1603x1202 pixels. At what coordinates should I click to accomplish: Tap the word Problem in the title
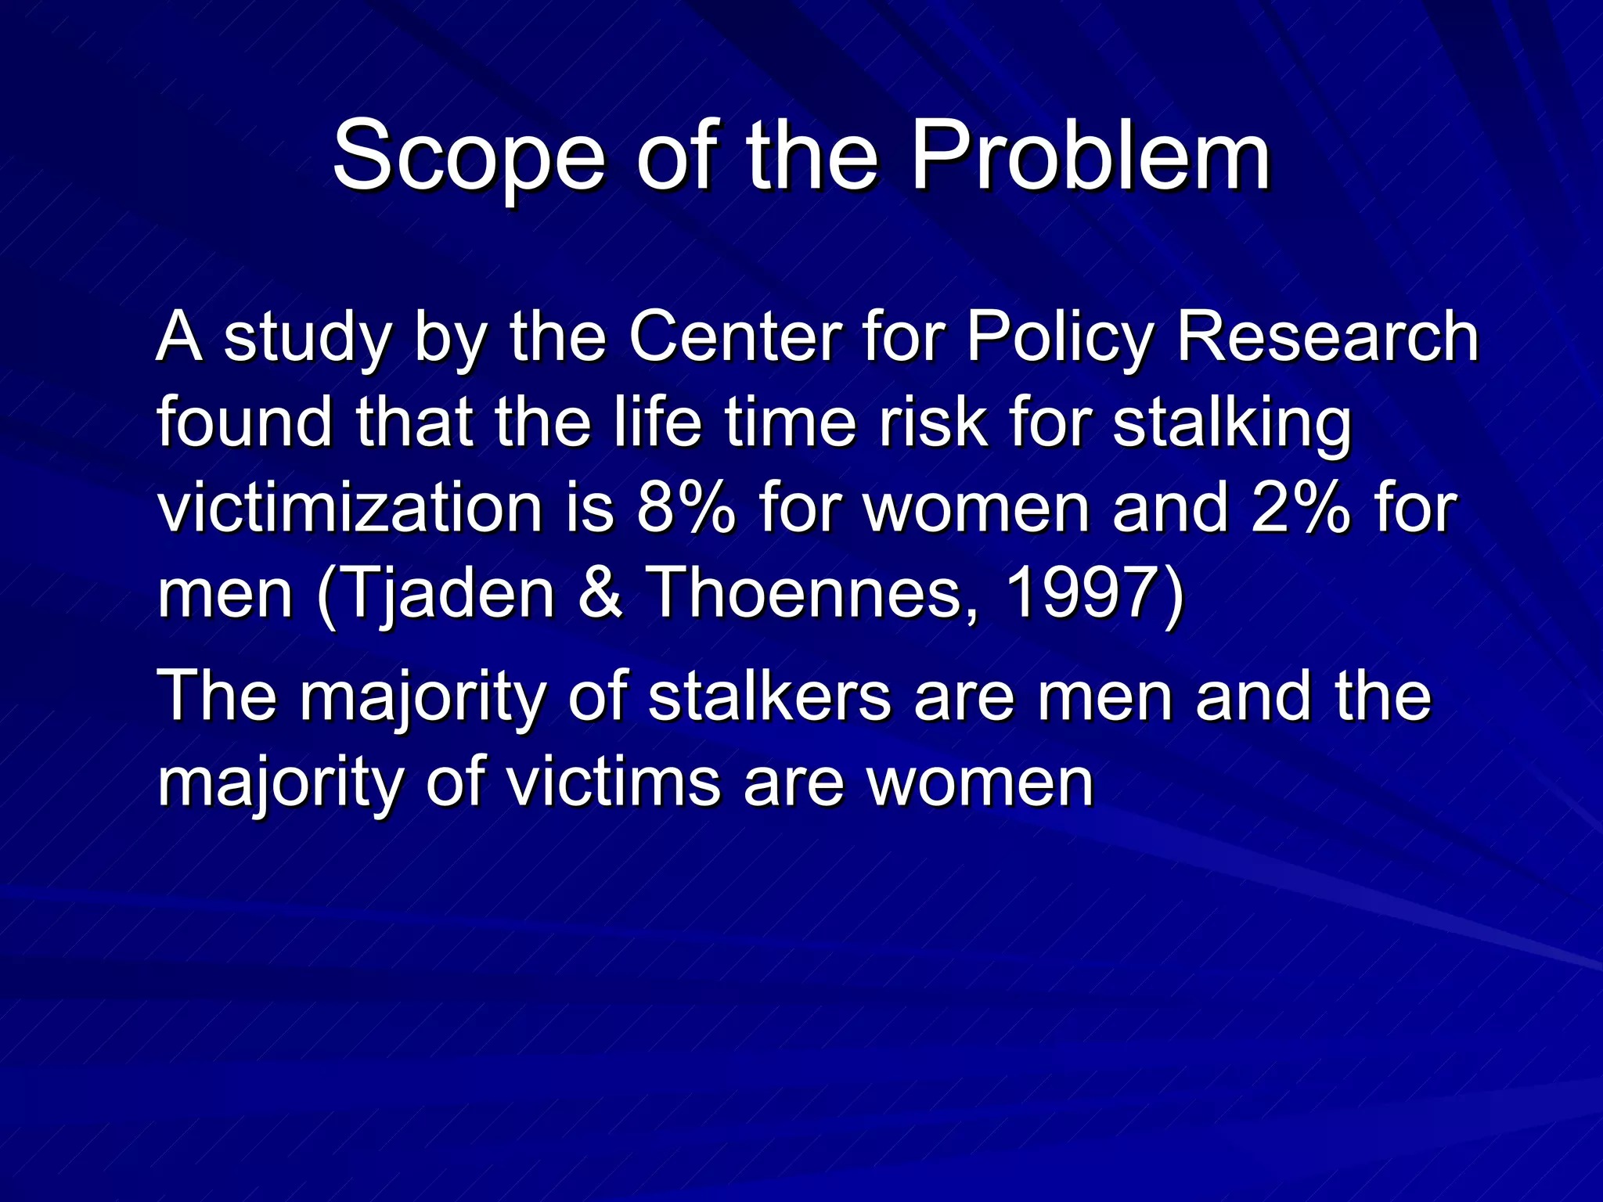click(1090, 157)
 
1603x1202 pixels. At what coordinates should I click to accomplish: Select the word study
click(307, 338)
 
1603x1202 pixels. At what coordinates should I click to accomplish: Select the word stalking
click(1232, 423)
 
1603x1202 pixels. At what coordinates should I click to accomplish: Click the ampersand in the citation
click(600, 593)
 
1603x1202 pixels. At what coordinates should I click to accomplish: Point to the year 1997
click(1082, 593)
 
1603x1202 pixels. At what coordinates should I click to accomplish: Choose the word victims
click(614, 782)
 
